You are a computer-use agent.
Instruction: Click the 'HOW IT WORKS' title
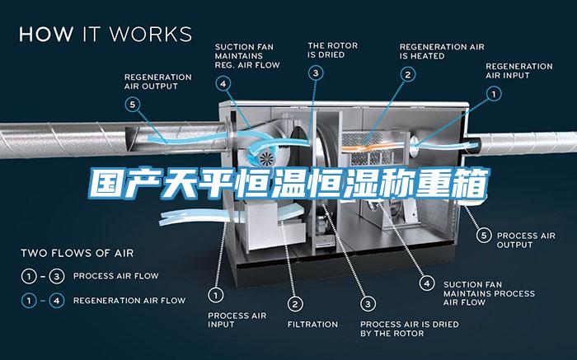[106, 34]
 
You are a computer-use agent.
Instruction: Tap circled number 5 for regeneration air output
[132, 105]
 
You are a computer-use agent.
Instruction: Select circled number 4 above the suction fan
[223, 84]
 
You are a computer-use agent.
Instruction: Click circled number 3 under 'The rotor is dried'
[316, 72]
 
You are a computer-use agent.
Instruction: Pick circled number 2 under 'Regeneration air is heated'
[408, 75]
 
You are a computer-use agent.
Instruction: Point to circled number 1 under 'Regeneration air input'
[494, 94]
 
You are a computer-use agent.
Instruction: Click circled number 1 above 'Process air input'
[216, 295]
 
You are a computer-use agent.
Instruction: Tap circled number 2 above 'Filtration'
[295, 304]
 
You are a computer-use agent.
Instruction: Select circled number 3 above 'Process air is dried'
[368, 304]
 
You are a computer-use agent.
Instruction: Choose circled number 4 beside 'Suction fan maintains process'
[427, 283]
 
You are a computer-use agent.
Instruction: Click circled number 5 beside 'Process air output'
[484, 235]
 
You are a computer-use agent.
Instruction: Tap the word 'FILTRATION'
[312, 325]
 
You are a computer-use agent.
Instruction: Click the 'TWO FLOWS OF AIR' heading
[77, 253]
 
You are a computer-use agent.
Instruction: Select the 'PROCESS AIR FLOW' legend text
[116, 276]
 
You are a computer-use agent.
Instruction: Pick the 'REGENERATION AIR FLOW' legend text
[129, 301]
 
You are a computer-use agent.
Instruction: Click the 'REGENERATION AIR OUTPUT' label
[158, 82]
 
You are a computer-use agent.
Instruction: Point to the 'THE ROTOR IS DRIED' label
[333, 50]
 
